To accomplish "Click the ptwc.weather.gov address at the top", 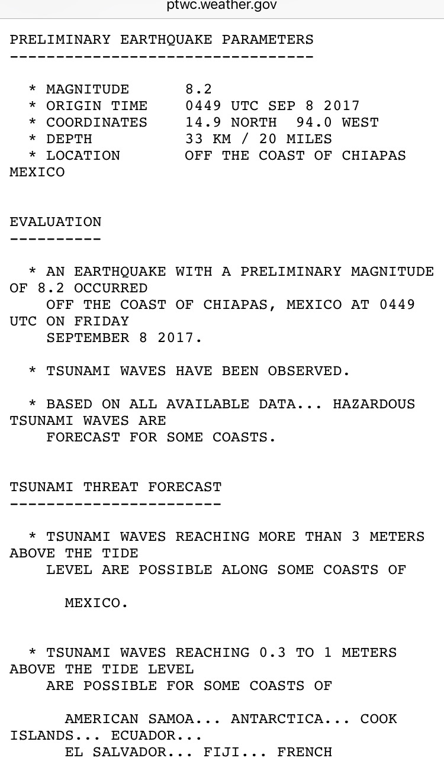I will [x=221, y=6].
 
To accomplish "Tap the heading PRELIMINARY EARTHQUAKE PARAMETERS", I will [x=162, y=40].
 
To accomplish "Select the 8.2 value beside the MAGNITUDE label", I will [x=198, y=89].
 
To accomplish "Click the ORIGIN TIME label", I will [x=96, y=106].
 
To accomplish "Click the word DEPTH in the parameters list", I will [x=69, y=139].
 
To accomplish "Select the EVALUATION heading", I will [x=56, y=222].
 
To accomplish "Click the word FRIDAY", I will [x=101, y=321].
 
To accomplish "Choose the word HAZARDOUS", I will [x=374, y=404].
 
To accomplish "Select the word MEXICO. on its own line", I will [x=96, y=603].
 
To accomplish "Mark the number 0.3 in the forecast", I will [x=272, y=653].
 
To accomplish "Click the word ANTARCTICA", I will [x=286, y=719].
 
